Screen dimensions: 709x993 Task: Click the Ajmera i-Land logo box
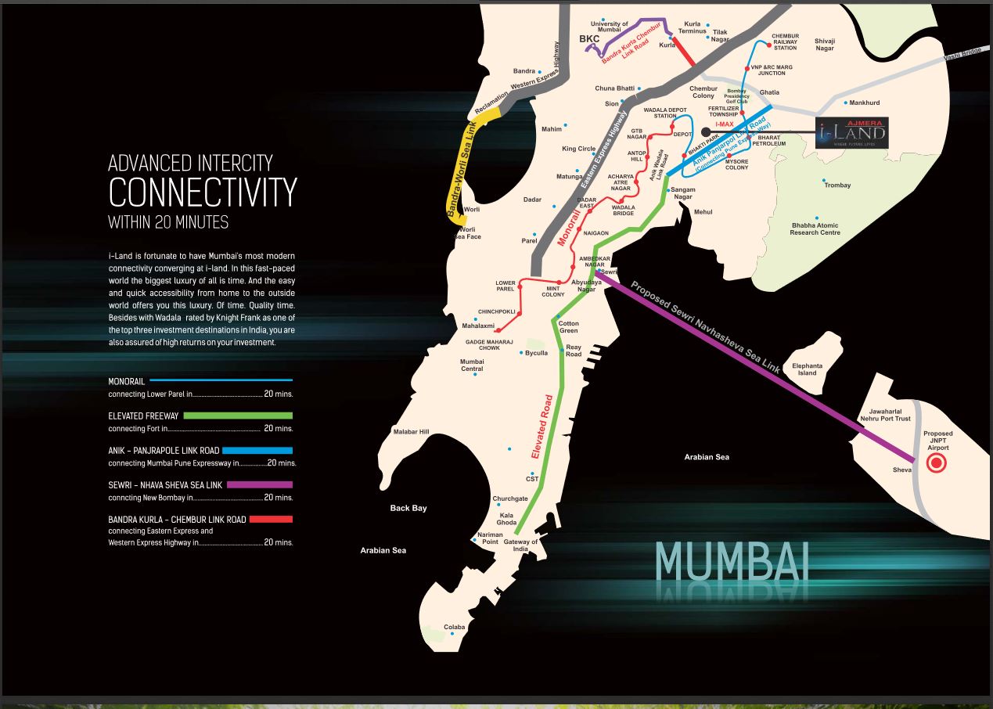click(851, 133)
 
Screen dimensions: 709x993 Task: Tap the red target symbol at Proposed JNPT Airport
click(936, 463)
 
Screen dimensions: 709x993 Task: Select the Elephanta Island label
click(807, 369)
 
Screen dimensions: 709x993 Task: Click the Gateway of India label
click(520, 545)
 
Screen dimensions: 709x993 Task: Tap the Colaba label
click(455, 627)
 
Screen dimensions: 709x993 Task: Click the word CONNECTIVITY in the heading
click(203, 193)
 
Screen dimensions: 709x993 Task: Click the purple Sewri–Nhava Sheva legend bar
click(260, 484)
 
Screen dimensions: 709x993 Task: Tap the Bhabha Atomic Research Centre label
click(815, 229)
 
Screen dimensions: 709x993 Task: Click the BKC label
click(588, 38)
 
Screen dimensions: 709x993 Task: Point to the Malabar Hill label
click(411, 431)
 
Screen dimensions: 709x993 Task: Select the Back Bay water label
click(408, 508)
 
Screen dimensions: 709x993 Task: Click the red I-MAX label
click(725, 124)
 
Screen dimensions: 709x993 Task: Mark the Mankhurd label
click(865, 103)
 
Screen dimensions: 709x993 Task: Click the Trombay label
click(836, 185)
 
